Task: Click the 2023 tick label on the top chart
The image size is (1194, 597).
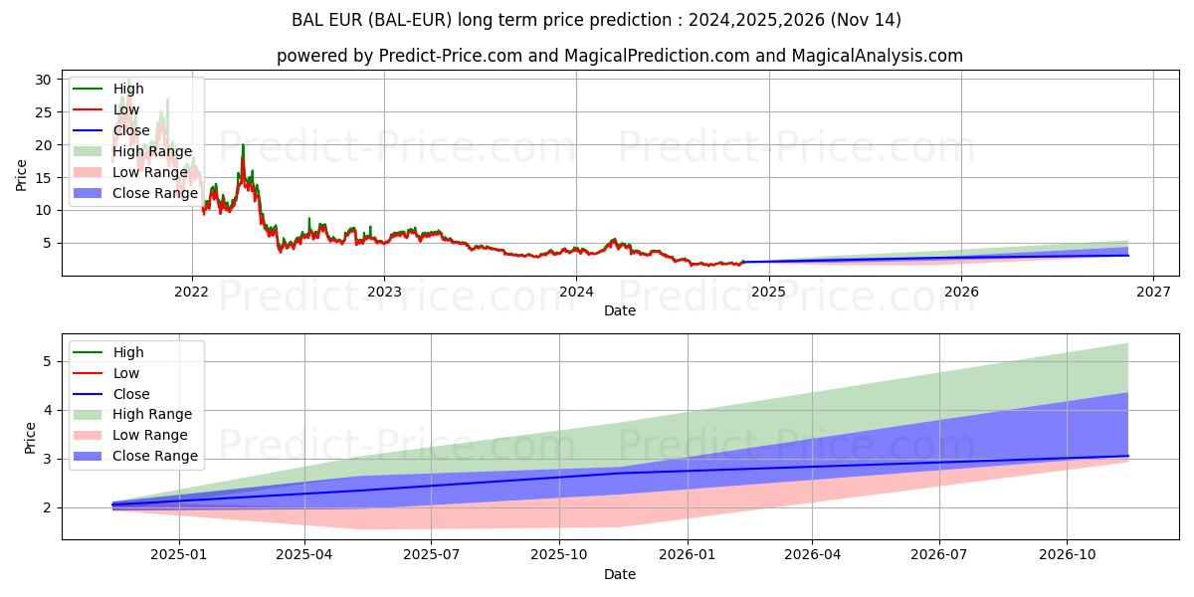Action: click(384, 292)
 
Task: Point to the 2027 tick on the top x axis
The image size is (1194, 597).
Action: click(1153, 292)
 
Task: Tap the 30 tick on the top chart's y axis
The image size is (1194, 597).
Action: click(42, 80)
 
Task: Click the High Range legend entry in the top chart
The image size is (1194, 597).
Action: click(152, 151)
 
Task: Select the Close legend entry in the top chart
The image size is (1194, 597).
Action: click(131, 130)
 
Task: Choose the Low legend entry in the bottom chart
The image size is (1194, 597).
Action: click(126, 373)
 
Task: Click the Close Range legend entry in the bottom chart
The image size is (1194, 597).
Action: click(155, 456)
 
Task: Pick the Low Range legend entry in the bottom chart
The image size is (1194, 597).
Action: click(150, 435)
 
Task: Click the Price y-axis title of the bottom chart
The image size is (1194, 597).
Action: click(29, 437)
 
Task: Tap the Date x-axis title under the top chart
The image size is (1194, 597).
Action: click(619, 310)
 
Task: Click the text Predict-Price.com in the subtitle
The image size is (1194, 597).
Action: click(450, 56)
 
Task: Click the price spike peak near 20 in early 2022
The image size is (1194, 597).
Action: click(243, 144)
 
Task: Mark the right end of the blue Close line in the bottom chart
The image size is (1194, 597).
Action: click(1128, 456)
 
